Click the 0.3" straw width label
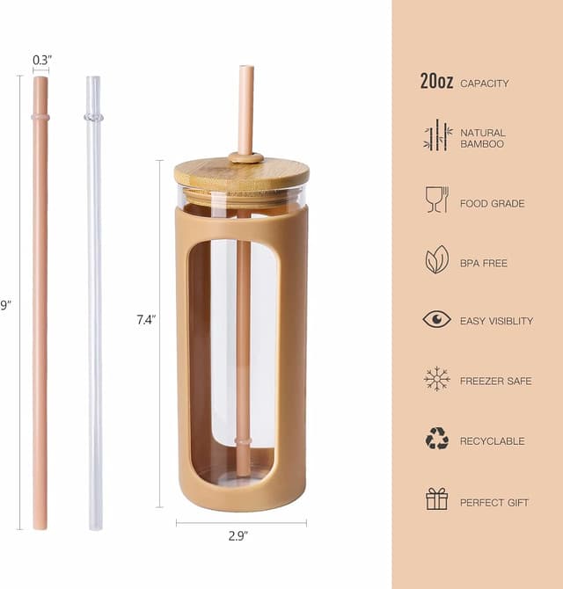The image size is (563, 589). [42, 60]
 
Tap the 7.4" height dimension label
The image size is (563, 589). [145, 320]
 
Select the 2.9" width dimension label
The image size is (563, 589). [238, 534]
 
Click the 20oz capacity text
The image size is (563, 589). [436, 83]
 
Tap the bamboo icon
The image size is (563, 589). [437, 137]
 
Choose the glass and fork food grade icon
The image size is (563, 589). [437, 199]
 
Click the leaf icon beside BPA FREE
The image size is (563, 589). [437, 259]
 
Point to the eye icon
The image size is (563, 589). [437, 319]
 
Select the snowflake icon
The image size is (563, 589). [437, 379]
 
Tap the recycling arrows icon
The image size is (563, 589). [437, 439]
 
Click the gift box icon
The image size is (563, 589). [437, 499]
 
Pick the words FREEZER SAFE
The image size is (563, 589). [495, 382]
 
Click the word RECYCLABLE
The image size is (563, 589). [492, 441]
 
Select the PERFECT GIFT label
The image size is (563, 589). [494, 503]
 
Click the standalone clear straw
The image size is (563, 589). [94, 308]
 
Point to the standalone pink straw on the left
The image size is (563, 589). [40, 308]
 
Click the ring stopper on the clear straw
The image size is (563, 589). [93, 117]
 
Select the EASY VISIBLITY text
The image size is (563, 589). [496, 322]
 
